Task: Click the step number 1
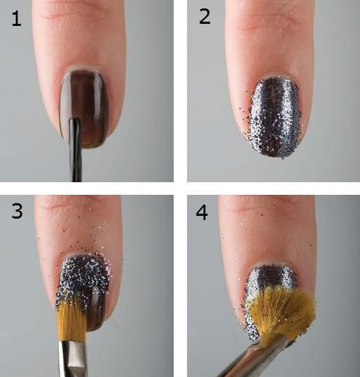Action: tap(16, 19)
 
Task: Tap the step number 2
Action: tap(205, 17)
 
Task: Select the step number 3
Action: tap(17, 211)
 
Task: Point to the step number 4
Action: tap(202, 212)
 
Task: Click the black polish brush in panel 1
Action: tap(75, 149)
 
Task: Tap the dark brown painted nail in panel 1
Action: tap(84, 108)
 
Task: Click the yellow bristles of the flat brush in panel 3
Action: tap(71, 320)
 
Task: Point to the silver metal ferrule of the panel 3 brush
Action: tap(72, 359)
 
